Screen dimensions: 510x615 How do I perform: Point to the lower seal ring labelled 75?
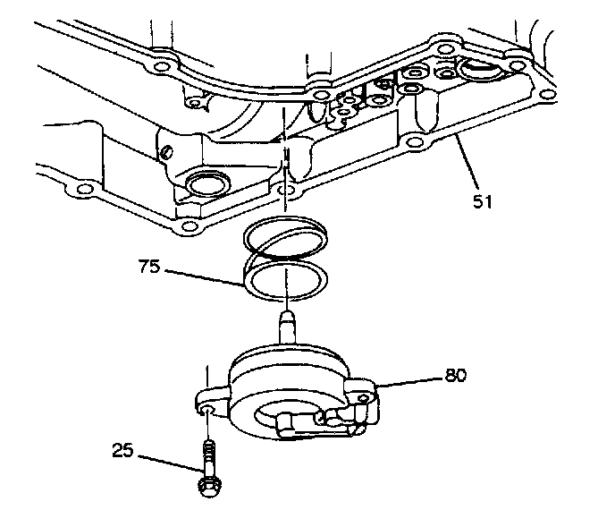(x=283, y=279)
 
